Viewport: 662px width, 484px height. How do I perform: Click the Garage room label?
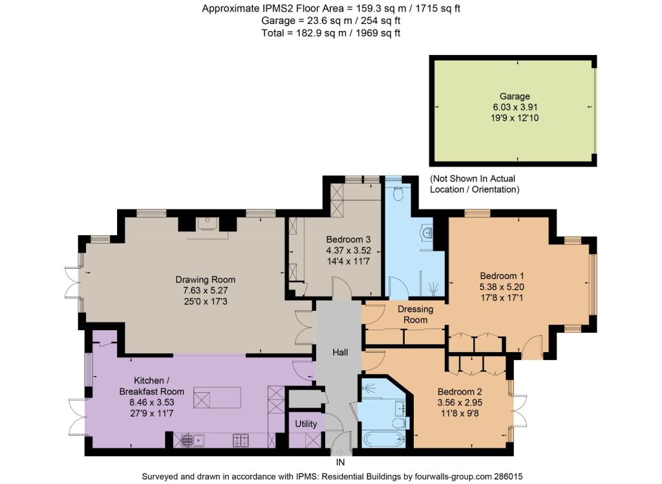[514, 96]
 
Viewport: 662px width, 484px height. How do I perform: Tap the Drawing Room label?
[205, 279]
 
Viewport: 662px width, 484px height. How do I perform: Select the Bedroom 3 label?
[348, 240]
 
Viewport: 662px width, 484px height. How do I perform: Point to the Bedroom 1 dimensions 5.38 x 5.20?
[502, 287]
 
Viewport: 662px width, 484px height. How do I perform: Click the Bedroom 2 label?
[460, 392]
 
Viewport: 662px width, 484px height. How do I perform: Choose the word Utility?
[306, 424]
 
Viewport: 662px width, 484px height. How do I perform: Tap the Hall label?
[340, 352]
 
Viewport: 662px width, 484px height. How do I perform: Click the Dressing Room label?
[416, 314]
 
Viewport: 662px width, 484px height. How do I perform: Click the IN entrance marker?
[340, 463]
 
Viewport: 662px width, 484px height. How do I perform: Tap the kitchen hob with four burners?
[240, 440]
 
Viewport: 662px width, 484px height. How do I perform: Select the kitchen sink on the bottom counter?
[193, 440]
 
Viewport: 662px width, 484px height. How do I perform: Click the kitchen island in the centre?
[217, 397]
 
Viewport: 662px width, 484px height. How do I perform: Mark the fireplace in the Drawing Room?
[207, 224]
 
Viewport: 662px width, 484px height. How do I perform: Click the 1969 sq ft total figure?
[378, 33]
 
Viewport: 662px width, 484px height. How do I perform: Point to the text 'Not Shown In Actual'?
[473, 178]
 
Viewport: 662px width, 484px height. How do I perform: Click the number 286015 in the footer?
[508, 476]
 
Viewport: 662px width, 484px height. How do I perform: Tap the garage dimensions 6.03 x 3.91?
[515, 107]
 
